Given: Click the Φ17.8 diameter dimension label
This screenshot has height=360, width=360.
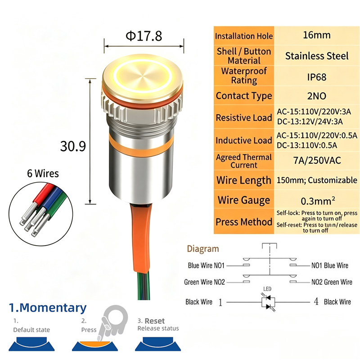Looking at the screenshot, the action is (x=144, y=36).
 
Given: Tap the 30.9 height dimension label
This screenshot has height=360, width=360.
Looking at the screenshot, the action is (x=73, y=146).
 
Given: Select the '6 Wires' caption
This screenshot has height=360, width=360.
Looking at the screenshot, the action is (x=43, y=173).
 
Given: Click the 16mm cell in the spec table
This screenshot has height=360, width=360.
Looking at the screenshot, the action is (x=317, y=35).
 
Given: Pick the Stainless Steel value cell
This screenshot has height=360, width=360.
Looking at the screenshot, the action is (x=317, y=56).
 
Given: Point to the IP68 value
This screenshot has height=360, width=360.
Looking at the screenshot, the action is (x=317, y=77).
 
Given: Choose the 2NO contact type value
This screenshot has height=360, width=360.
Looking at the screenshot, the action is (x=317, y=96).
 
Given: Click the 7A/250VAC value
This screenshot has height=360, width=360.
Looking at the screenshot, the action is (x=317, y=161).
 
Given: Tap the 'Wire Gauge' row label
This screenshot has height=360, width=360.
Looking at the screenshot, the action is (x=244, y=200).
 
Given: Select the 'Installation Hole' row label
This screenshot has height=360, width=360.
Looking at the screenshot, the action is (x=244, y=36).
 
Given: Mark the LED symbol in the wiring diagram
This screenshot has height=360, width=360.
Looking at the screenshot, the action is (x=268, y=302).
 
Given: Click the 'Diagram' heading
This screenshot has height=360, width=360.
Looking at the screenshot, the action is (x=203, y=249).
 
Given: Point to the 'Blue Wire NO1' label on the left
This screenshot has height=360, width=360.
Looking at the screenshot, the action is (x=206, y=265).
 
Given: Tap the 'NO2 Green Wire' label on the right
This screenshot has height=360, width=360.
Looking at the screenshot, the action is (x=332, y=282).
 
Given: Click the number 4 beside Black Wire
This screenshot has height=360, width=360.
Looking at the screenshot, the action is (x=316, y=301).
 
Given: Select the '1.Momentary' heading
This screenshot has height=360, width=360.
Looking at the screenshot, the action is (x=48, y=308).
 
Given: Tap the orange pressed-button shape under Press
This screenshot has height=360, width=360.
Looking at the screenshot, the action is (x=94, y=344).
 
